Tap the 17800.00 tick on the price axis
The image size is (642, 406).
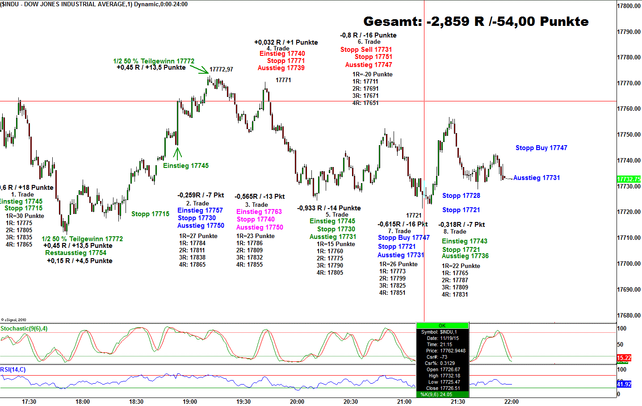tap(629, 6)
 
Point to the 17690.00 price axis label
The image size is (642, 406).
tap(629, 289)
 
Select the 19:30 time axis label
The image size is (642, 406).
tap(243, 402)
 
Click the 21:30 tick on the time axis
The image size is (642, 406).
tap(458, 402)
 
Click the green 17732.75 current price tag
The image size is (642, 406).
tap(629, 179)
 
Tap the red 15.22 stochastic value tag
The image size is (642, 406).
tap(624, 358)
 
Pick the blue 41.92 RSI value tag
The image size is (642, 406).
tap(624, 384)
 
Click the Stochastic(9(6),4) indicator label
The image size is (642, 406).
tap(24, 329)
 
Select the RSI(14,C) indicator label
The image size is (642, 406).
tap(13, 369)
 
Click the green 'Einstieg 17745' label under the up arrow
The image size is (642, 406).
tap(186, 166)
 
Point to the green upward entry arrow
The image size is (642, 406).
tap(177, 153)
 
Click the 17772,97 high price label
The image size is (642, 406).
tap(221, 69)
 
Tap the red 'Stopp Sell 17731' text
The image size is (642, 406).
tap(366, 50)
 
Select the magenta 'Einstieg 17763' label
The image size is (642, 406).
tap(259, 212)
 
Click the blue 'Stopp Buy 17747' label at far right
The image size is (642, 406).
tap(541, 148)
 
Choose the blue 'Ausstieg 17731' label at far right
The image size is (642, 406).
tap(536, 178)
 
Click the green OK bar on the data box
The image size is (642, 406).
tap(442, 326)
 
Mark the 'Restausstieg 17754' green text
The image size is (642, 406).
tap(76, 253)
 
